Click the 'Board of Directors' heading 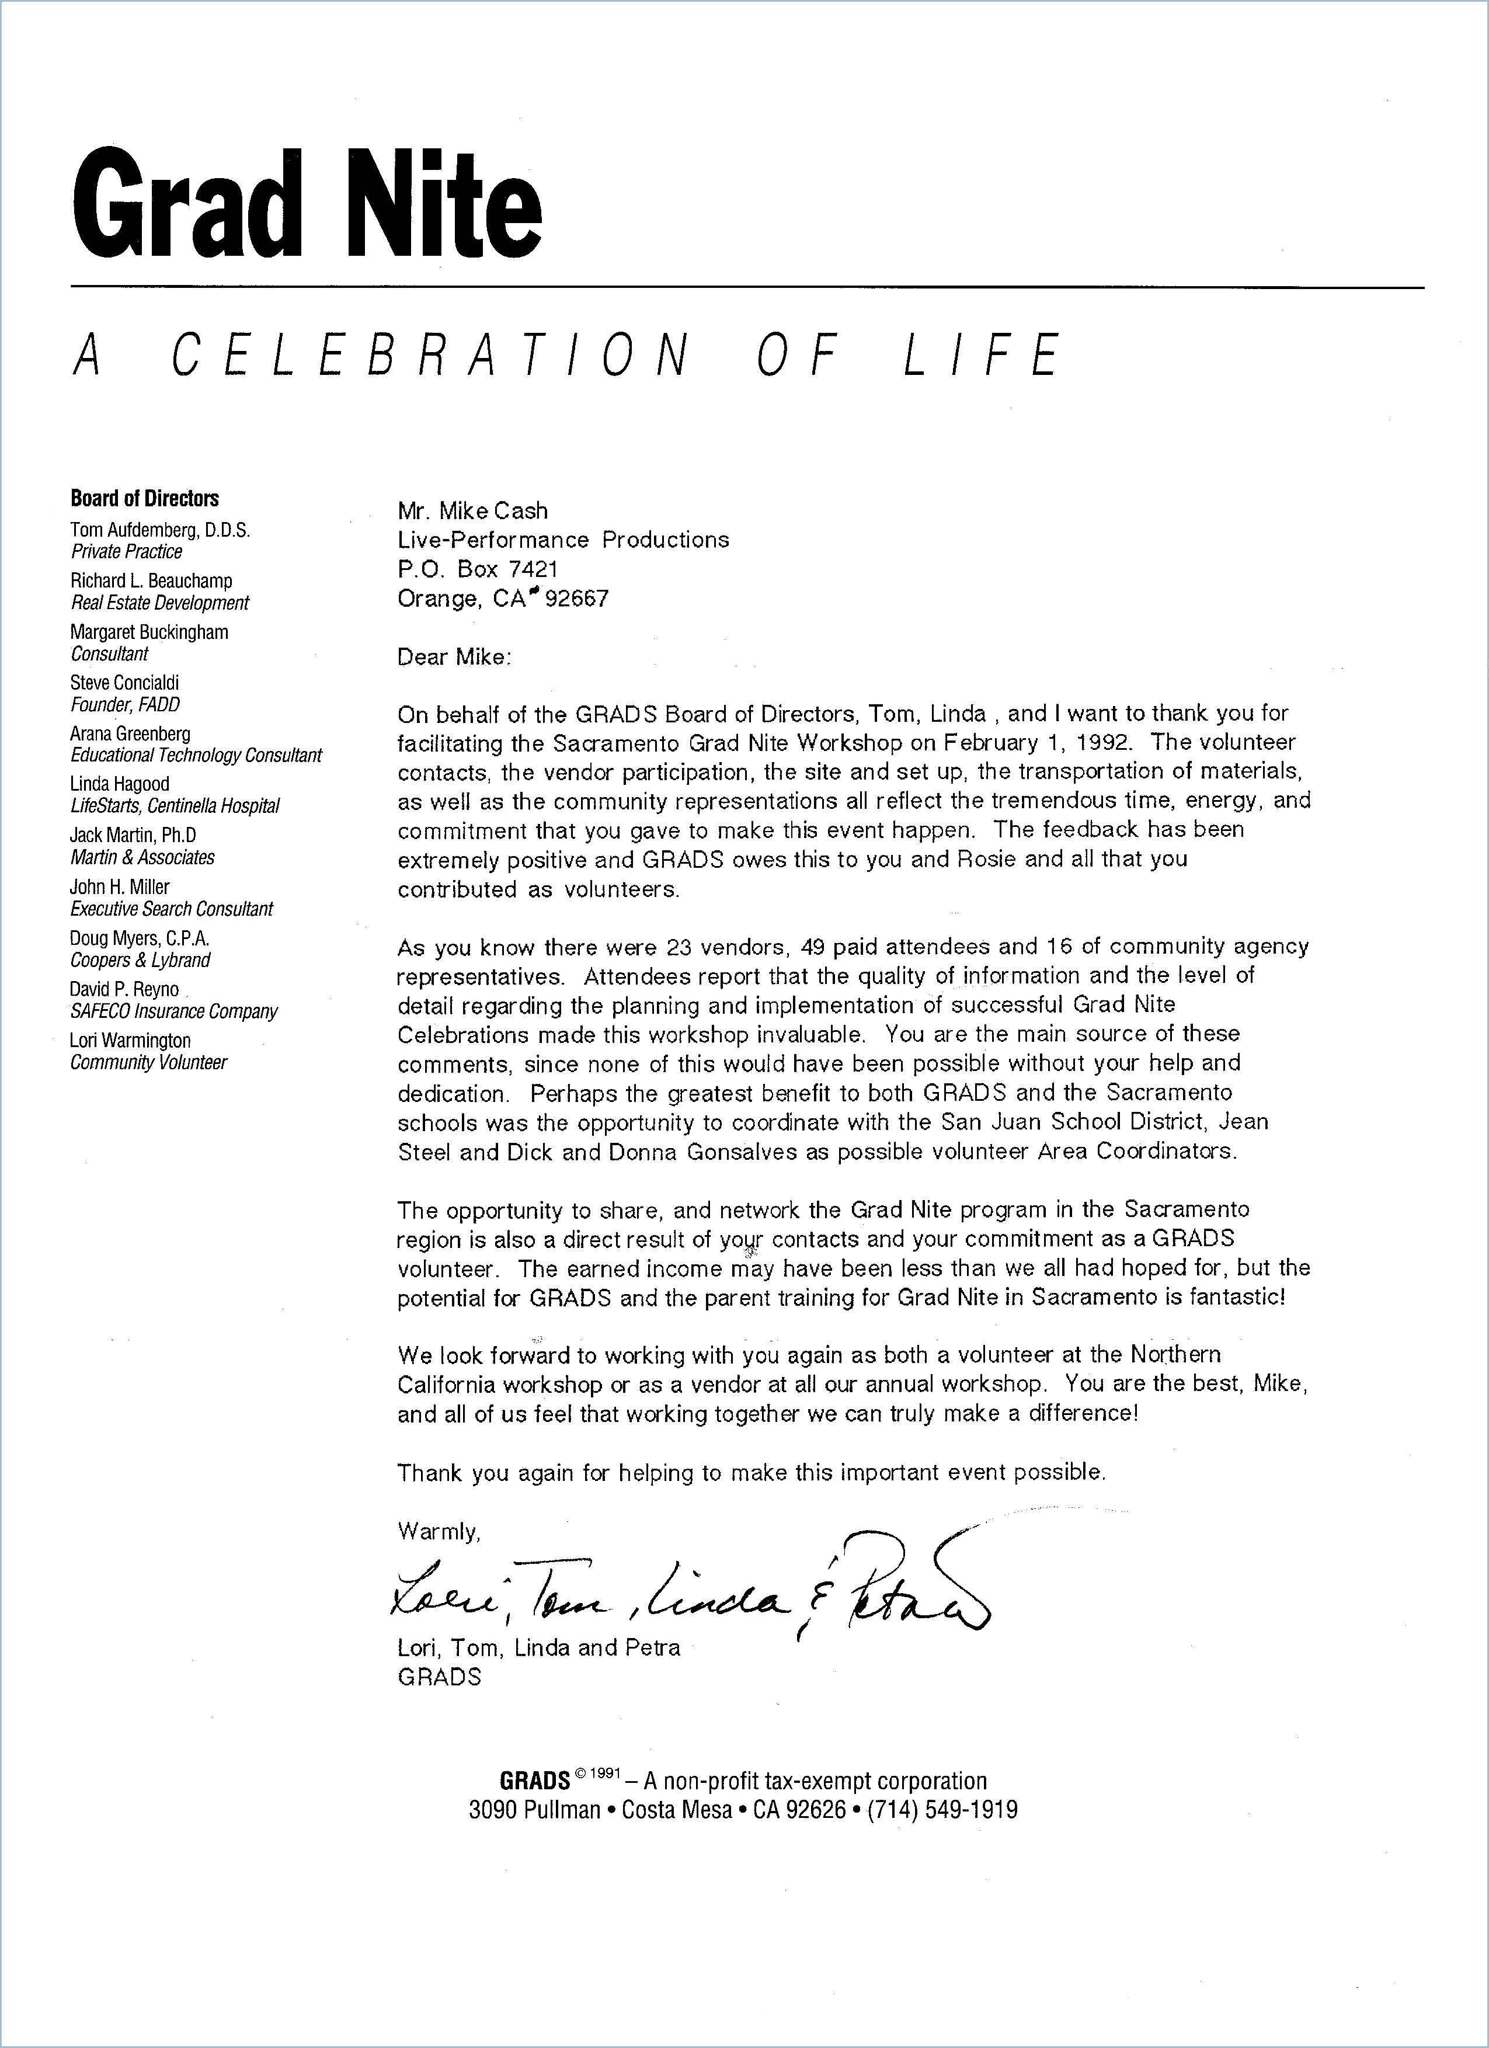pyautogui.click(x=144, y=499)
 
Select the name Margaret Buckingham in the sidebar pyautogui.click(x=149, y=632)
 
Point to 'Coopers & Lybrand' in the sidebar pyautogui.click(x=140, y=960)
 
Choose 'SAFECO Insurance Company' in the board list pyautogui.click(x=173, y=1011)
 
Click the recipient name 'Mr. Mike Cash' pyautogui.click(x=472, y=511)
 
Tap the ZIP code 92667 pyautogui.click(x=577, y=599)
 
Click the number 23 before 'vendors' pyautogui.click(x=677, y=947)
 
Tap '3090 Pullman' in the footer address pyautogui.click(x=534, y=1810)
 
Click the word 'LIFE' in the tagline pyautogui.click(x=982, y=355)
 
